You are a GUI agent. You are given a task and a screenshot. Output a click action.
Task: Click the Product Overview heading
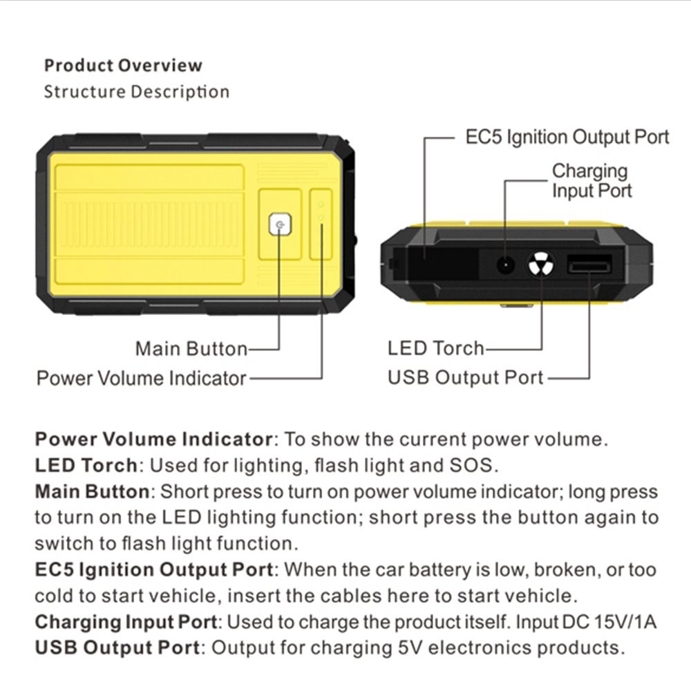pyautogui.click(x=123, y=66)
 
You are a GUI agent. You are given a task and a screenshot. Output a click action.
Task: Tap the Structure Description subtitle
pyautogui.click(x=136, y=91)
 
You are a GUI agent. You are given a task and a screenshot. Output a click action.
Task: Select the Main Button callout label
pyautogui.click(x=191, y=348)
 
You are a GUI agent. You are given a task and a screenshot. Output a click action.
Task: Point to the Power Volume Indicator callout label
pyautogui.click(x=141, y=378)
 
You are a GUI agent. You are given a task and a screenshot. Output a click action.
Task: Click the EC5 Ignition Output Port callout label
pyautogui.click(x=567, y=137)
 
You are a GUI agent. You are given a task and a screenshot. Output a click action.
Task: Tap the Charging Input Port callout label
pyautogui.click(x=591, y=180)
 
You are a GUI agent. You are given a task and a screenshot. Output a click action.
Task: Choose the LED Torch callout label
pyautogui.click(x=435, y=348)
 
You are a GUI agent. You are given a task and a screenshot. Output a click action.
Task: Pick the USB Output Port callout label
pyautogui.click(x=466, y=378)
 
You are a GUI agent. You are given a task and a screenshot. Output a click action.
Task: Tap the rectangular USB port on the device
pyautogui.click(x=589, y=265)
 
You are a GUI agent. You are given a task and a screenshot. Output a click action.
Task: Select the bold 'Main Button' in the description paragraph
pyautogui.click(x=92, y=491)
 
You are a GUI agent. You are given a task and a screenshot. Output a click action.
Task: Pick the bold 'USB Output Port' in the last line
pyautogui.click(x=117, y=648)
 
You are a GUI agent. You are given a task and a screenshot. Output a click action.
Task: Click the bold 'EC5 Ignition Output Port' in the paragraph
pyautogui.click(x=153, y=570)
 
